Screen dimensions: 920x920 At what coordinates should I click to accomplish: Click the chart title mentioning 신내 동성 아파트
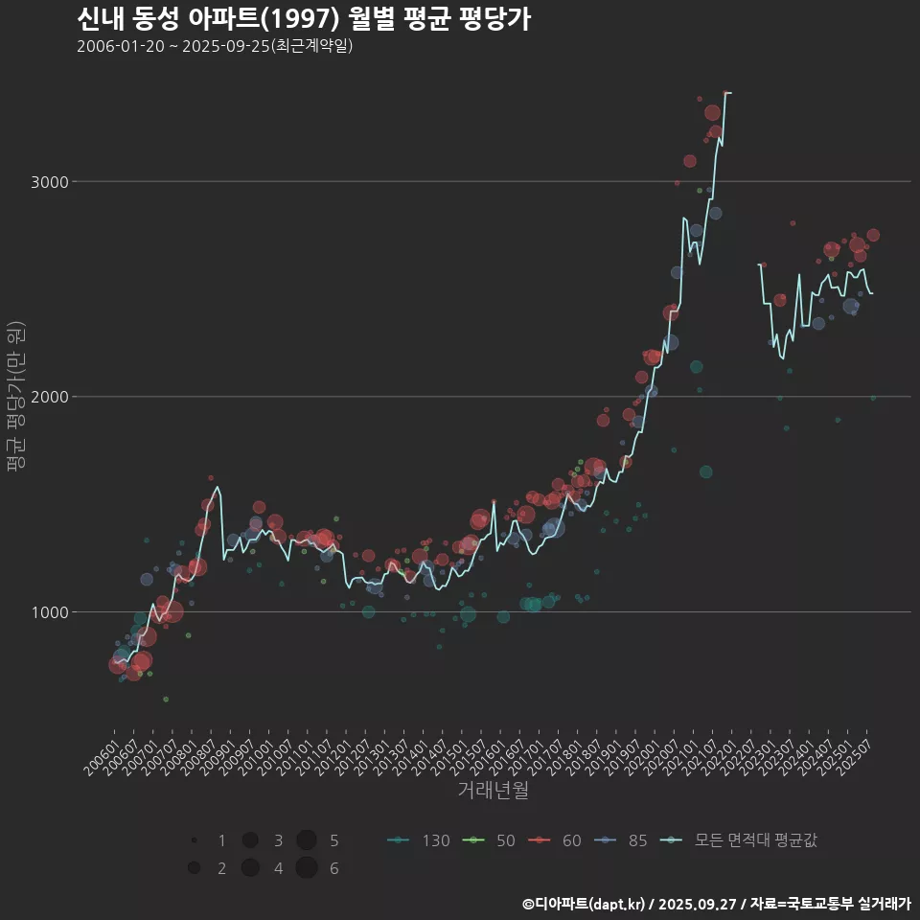[x=303, y=19]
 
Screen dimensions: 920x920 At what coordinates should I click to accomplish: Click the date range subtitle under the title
[x=215, y=47]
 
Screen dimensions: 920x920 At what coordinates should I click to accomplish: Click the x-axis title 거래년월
[x=494, y=791]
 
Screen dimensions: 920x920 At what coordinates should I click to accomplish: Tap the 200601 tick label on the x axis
[x=100, y=754]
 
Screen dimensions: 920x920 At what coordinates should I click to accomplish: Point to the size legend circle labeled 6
[x=307, y=868]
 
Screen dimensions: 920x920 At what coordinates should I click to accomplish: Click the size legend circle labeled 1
[x=195, y=840]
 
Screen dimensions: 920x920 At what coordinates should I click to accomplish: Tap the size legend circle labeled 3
[x=250, y=840]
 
